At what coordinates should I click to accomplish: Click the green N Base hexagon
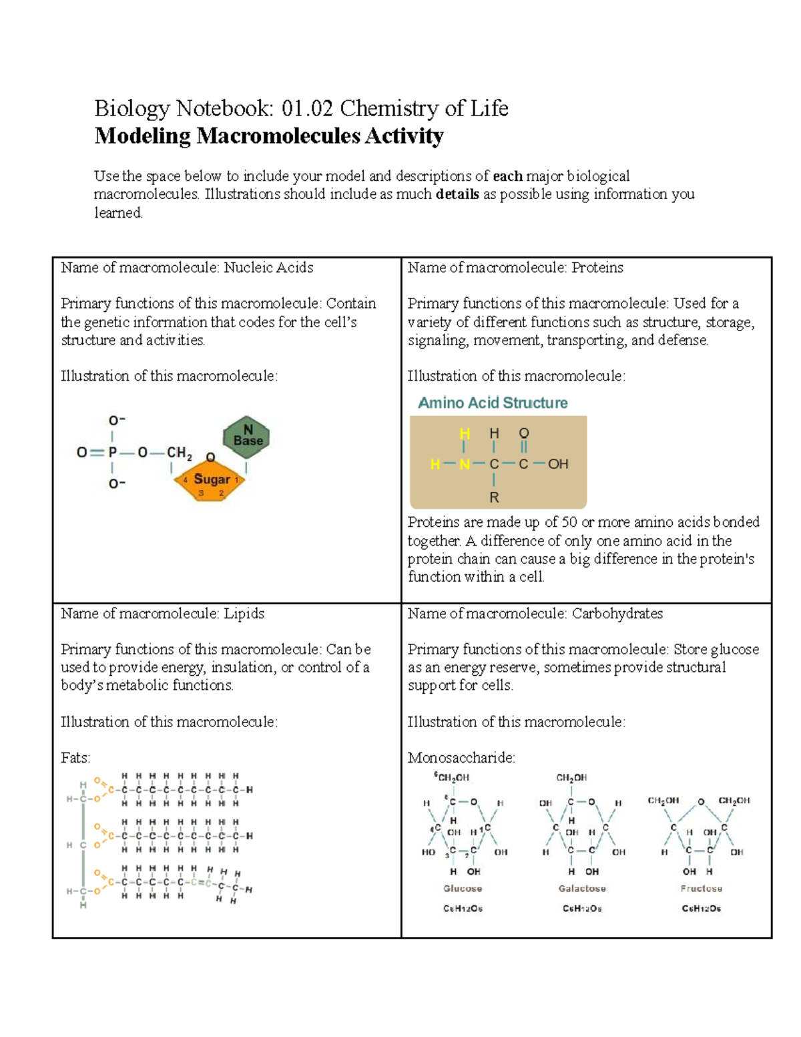247,436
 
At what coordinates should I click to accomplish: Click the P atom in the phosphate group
113,452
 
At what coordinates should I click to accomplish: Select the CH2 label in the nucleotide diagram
179,453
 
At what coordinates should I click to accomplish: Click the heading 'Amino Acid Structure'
493,403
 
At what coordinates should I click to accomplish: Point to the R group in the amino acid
494,497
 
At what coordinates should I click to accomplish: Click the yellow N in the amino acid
465,464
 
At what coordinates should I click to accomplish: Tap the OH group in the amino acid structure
557,464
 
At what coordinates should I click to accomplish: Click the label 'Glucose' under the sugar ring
463,888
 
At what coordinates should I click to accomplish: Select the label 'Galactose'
581,888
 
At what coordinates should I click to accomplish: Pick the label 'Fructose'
701,888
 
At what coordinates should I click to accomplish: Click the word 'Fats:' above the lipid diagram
75,758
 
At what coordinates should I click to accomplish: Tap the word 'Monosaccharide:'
461,758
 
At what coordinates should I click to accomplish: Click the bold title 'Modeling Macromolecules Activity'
269,136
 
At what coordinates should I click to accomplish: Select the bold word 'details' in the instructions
457,194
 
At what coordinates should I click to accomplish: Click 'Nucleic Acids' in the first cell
268,268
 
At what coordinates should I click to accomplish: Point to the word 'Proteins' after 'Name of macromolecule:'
597,268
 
